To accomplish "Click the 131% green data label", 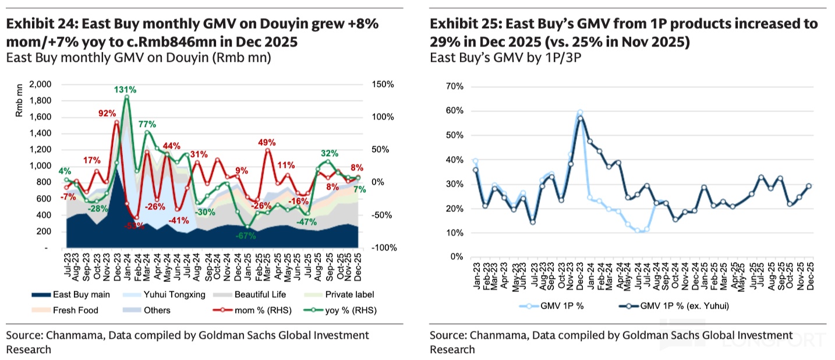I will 125,90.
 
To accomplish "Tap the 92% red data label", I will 107,113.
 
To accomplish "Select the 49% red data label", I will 267,142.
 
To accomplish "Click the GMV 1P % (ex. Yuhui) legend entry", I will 679,305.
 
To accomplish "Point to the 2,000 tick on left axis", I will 40,84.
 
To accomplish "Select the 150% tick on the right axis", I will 382,84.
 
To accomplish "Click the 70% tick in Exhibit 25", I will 454,87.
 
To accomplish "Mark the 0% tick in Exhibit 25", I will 457,257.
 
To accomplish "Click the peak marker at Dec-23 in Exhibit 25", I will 580,112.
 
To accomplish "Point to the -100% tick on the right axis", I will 384,248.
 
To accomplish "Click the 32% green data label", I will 330,153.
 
